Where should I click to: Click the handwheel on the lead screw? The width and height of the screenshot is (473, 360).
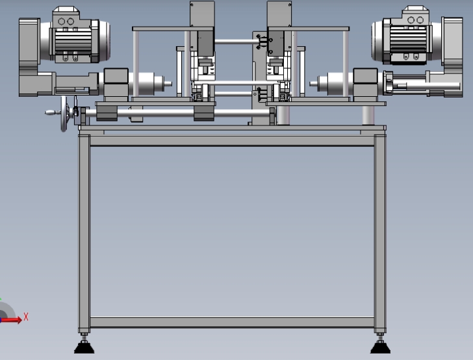coord(64,114)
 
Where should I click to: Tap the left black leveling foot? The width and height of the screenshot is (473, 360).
coord(84,347)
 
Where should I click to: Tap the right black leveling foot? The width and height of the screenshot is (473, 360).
coord(380,347)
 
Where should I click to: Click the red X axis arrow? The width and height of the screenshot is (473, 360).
coord(12,320)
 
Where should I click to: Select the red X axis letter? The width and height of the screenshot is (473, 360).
coord(26,317)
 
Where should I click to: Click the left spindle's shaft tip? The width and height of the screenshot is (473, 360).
coord(168,84)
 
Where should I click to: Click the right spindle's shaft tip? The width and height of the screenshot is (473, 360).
coord(313,84)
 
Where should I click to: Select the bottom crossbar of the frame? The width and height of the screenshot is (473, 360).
coord(232,322)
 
